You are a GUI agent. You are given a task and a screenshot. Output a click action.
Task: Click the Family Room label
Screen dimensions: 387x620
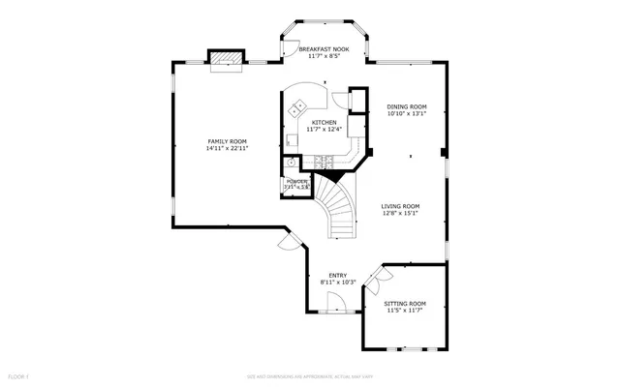pos(227,141)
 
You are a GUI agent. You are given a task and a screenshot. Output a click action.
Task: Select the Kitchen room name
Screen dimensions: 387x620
pos(324,122)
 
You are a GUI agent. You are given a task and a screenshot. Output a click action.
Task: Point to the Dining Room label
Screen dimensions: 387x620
pos(407,106)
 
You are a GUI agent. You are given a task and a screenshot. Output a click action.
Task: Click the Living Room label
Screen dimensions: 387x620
pos(400,206)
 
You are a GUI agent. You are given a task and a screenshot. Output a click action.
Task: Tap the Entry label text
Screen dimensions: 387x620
pos(338,275)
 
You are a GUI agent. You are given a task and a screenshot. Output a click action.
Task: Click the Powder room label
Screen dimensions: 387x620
pos(296,182)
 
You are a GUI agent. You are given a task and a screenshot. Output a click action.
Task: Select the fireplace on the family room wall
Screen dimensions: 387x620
pos(228,60)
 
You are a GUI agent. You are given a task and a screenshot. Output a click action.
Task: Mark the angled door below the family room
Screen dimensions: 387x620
pos(288,237)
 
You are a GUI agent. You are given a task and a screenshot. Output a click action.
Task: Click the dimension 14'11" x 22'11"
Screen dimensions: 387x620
pos(227,149)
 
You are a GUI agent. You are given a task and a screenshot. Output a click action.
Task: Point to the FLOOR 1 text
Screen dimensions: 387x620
pos(18,374)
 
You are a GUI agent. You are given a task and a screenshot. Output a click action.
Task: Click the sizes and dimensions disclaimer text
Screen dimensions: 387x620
pos(310,374)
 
